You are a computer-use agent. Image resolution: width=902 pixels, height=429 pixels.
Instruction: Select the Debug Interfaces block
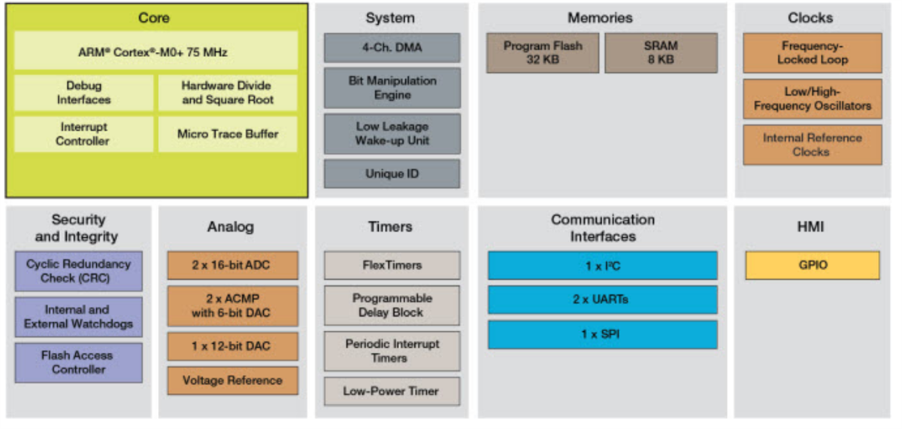tap(83, 93)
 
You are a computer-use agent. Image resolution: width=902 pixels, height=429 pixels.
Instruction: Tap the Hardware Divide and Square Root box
tap(227, 93)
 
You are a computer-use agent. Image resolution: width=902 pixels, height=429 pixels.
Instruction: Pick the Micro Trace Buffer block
tap(227, 134)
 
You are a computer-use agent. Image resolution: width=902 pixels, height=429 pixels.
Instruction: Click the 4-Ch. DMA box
tap(392, 47)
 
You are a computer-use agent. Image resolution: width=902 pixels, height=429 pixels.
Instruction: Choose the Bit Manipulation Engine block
tap(392, 88)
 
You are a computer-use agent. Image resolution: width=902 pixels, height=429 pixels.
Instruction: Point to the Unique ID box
tap(392, 174)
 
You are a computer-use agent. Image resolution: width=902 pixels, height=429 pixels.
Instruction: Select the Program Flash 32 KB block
tap(542, 53)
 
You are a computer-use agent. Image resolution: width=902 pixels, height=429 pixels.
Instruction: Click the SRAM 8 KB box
tap(661, 53)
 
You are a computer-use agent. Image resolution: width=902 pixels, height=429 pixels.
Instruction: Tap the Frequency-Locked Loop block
tap(812, 53)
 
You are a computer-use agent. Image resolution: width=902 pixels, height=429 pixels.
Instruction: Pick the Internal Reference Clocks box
tap(812, 145)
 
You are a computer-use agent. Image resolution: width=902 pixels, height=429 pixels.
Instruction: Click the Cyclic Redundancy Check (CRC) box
tap(78, 271)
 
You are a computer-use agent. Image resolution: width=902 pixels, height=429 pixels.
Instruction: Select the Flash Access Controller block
tap(78, 362)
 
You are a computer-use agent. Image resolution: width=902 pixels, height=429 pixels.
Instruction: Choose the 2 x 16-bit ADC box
tap(232, 265)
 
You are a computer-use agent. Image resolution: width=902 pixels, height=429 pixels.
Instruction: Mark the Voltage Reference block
tap(232, 380)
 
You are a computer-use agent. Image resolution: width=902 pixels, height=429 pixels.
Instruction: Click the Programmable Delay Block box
tap(392, 305)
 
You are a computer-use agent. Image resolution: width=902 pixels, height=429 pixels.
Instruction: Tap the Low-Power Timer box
tap(392, 391)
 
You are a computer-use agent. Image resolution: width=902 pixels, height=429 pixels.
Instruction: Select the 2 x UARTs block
tap(602, 299)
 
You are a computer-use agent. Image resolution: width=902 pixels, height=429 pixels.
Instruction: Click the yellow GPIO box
tap(812, 265)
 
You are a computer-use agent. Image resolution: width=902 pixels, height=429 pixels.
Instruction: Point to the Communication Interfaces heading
tap(602, 228)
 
